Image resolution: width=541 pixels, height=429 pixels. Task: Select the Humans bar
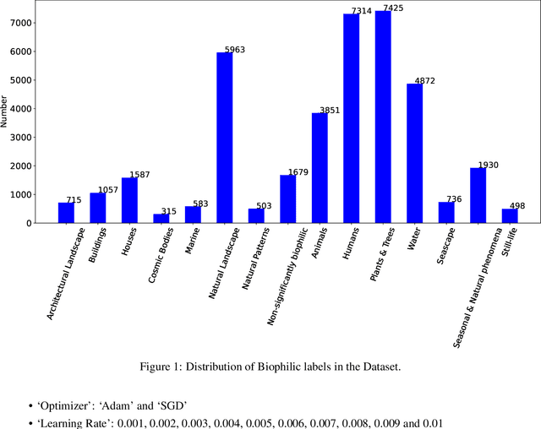pos(351,118)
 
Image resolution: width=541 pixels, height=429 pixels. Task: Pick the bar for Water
pos(414,153)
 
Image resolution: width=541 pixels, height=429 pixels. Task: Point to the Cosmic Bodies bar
pos(161,218)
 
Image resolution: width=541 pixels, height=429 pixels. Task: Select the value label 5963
pos(234,50)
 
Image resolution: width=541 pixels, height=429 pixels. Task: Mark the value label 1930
pos(489,166)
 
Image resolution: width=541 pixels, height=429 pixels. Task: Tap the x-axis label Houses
pos(129,243)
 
